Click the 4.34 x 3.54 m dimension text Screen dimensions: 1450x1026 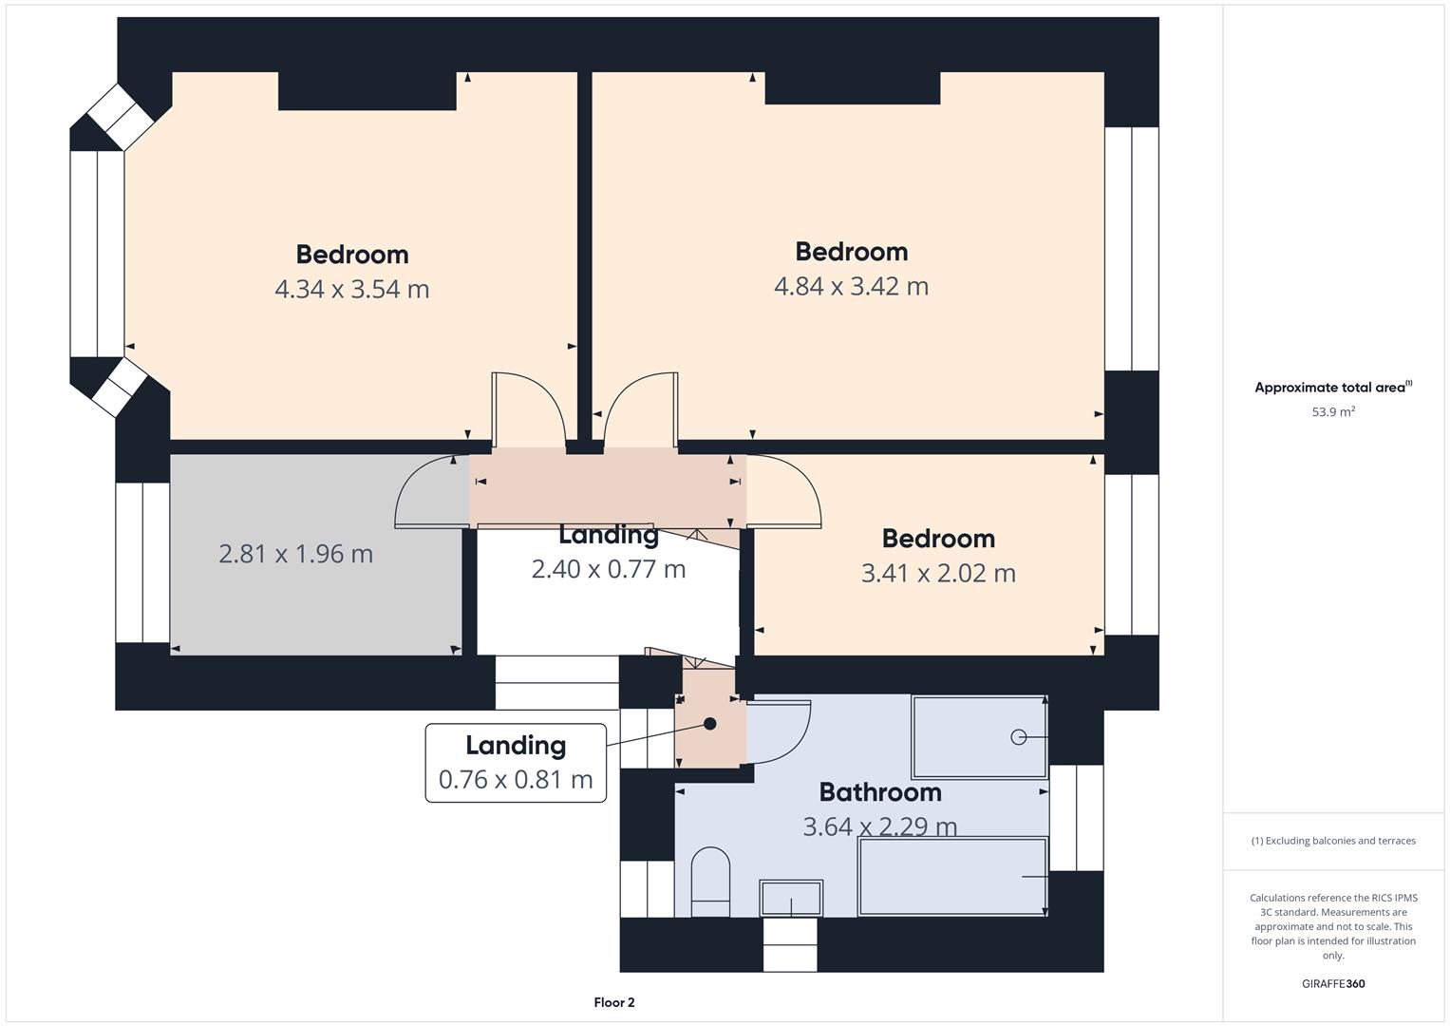tap(352, 289)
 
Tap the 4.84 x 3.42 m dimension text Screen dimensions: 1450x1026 tap(851, 286)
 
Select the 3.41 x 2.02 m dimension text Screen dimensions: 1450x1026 tap(938, 573)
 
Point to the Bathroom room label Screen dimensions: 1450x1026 tap(880, 792)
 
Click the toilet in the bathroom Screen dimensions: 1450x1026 tap(711, 882)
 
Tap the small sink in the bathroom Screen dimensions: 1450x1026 tap(791, 898)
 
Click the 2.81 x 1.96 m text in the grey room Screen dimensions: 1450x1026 tap(296, 554)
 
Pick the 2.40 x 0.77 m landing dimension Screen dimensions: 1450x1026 tap(609, 569)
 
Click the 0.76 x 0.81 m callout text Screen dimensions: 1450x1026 tap(516, 779)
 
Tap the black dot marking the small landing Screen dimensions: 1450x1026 tap(710, 724)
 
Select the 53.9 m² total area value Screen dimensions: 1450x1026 tap(1333, 411)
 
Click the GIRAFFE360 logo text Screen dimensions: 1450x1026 tap(1333, 983)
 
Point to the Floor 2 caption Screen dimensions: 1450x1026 tap(614, 1002)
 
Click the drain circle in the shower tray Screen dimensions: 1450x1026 tap(1018, 737)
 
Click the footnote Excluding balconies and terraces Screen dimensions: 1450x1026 tap(1333, 841)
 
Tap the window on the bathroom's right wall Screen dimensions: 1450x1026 tap(1077, 817)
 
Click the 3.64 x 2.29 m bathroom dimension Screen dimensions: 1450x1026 tap(880, 826)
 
